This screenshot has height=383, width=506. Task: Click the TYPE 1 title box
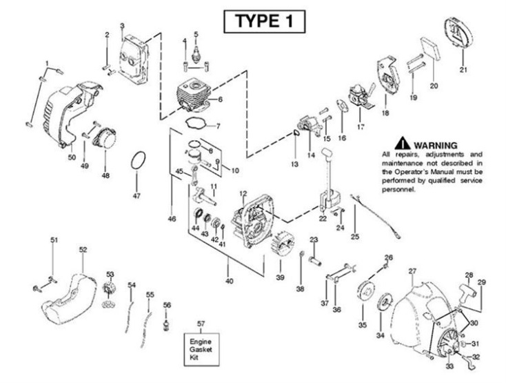263,21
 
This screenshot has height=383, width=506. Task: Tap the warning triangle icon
402,144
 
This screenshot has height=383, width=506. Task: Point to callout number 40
229,282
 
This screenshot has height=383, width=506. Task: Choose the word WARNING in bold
433,144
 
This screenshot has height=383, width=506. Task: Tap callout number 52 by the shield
83,249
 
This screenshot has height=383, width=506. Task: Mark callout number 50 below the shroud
72,157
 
